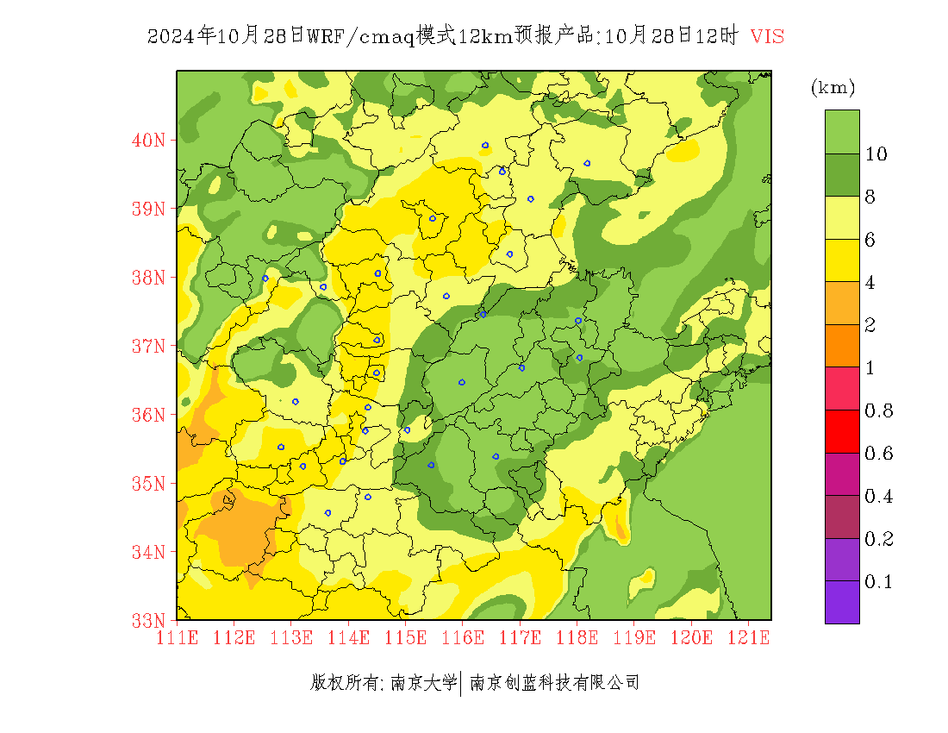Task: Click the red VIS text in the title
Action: (767, 36)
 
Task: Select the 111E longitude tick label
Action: (178, 638)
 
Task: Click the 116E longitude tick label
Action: (463, 638)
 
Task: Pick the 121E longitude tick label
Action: (748, 638)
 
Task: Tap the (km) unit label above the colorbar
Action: (833, 87)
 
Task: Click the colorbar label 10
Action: (876, 154)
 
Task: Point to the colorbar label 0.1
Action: (878, 582)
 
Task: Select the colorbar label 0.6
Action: (878, 454)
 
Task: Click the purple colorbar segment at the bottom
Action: (842, 602)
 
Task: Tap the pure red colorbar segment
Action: (842, 431)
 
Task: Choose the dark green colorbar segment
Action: (842, 175)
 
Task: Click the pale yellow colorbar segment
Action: (842, 217)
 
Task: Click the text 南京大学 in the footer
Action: (423, 683)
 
